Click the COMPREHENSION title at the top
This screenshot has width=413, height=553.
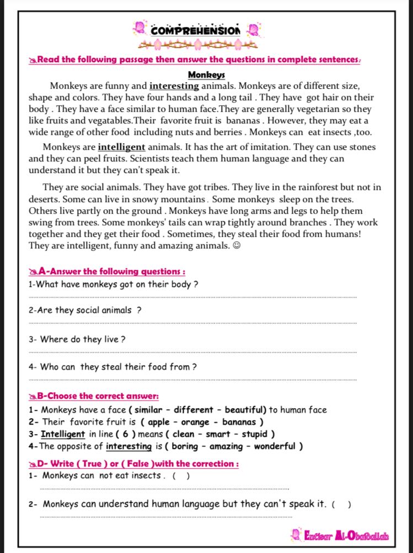click(x=196, y=30)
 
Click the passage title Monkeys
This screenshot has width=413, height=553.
click(x=207, y=75)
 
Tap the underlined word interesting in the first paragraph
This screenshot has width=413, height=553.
click(x=174, y=86)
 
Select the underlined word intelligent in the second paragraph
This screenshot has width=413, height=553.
click(x=121, y=147)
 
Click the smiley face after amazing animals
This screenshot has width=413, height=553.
click(x=237, y=246)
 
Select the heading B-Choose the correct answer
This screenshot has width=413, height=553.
click(x=98, y=396)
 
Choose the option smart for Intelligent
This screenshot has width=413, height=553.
click(x=218, y=434)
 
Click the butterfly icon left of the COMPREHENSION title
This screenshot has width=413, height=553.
click(x=140, y=27)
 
